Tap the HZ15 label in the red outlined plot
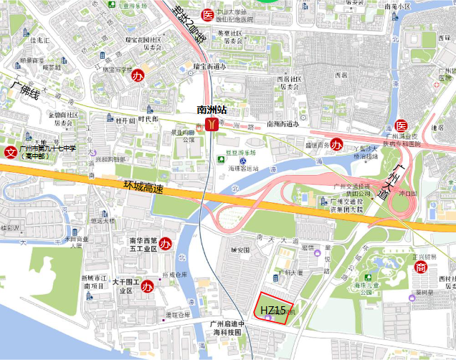273,310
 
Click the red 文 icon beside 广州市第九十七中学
11,152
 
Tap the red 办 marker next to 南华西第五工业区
164,243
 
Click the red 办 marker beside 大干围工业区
148,287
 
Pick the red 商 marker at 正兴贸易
420,267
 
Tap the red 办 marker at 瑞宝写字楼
143,75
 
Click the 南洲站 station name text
212,110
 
